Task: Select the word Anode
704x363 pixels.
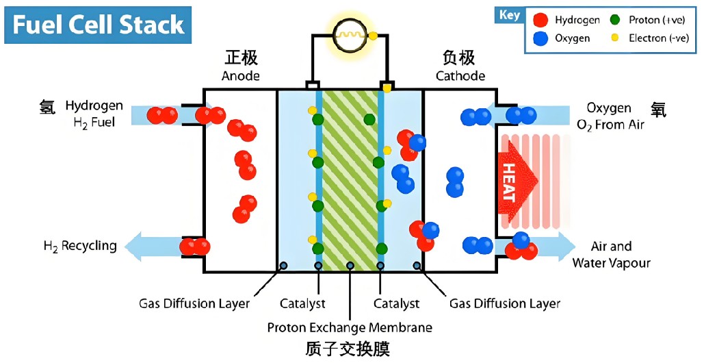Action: click(241, 75)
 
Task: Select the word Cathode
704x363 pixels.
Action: click(460, 75)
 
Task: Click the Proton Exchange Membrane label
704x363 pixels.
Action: click(350, 327)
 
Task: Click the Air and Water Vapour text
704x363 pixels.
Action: click(611, 254)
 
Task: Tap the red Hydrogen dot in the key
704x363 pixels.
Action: click(540, 20)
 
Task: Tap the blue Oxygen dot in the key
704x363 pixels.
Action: click(540, 38)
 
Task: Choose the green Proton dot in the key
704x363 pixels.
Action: click(614, 20)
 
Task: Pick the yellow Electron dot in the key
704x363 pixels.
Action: click(614, 38)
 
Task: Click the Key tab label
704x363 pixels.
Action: click(510, 15)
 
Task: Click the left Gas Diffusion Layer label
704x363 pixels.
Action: click(194, 303)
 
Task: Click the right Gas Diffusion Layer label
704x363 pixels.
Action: click(505, 303)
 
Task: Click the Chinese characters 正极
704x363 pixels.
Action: click(241, 57)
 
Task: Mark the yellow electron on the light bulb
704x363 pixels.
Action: click(373, 35)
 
